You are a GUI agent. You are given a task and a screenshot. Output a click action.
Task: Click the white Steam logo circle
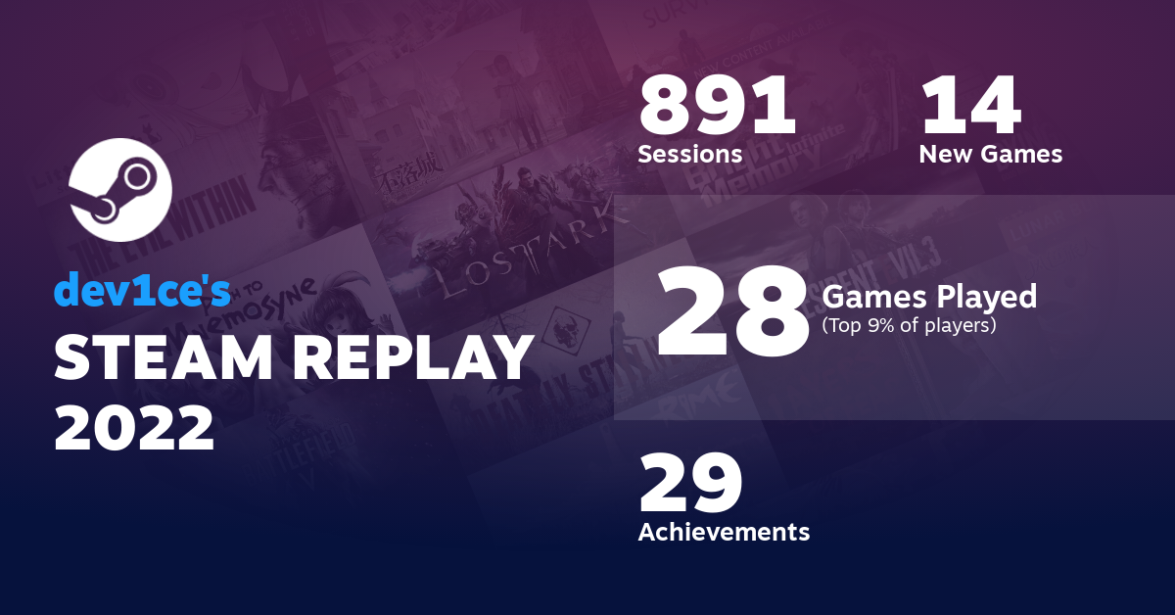tap(120, 190)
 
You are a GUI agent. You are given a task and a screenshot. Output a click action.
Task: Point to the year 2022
tap(134, 427)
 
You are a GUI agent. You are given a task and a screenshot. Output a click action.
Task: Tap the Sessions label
tap(689, 154)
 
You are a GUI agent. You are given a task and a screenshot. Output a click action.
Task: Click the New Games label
tap(990, 154)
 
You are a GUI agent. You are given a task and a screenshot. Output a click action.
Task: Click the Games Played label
tap(929, 296)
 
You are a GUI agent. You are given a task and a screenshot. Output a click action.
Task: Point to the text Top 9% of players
tap(910, 325)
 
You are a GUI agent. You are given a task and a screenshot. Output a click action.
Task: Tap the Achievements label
tap(724, 532)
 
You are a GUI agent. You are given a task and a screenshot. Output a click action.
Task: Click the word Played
tap(989, 296)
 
